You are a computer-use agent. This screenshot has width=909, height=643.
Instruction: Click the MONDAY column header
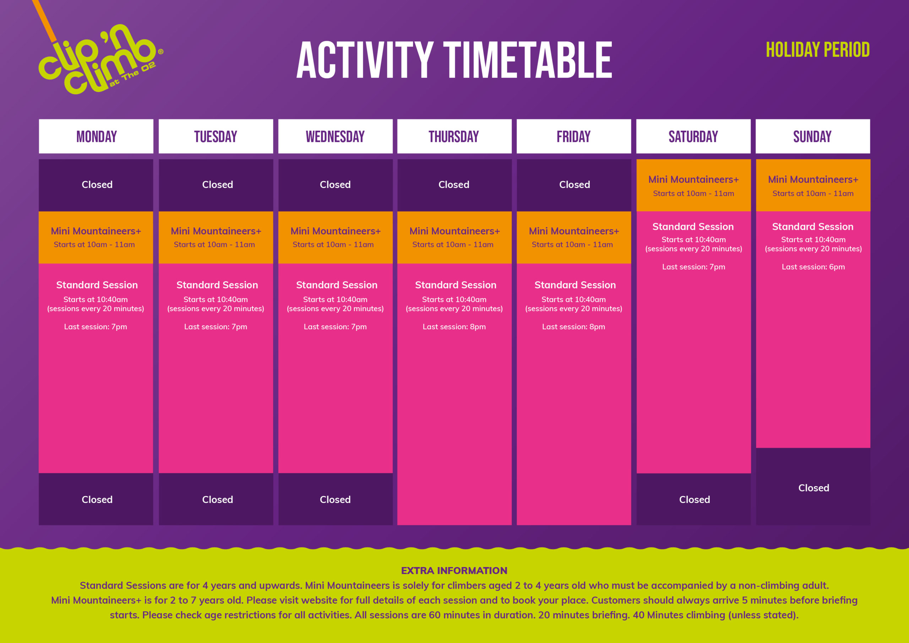coord(96,136)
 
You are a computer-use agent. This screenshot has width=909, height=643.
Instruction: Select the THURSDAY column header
coord(454,136)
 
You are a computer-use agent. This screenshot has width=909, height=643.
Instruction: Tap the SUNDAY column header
coord(812,136)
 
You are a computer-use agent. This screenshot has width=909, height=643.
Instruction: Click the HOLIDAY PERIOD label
coord(817,50)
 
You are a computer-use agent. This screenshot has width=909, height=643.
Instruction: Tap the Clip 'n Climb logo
coord(99,59)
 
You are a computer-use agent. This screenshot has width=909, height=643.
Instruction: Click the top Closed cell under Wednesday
coord(335,185)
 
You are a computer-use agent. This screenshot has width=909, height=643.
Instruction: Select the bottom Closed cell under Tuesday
coord(217,499)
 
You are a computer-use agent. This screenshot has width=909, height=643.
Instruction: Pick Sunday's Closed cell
coord(813,488)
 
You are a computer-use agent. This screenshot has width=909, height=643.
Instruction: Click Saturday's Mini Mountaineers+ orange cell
coord(693,185)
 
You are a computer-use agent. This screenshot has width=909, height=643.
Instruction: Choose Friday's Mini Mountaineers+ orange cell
coord(574,237)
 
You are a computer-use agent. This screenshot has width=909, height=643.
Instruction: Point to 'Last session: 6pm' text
coord(813,267)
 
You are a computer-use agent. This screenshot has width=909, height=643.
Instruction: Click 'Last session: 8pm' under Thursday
coord(454,326)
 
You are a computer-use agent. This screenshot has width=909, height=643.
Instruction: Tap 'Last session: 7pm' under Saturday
coord(693,267)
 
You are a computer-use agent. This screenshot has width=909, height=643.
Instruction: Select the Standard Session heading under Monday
coord(97,285)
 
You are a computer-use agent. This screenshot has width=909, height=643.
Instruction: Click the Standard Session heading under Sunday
coord(812,227)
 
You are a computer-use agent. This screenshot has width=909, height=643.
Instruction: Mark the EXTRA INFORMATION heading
coord(454,571)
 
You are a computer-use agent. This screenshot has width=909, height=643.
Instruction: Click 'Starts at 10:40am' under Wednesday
coord(335,299)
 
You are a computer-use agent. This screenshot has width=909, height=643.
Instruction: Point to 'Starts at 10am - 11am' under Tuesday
coord(214,244)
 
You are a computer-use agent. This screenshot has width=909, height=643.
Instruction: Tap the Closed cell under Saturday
coord(695,499)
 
